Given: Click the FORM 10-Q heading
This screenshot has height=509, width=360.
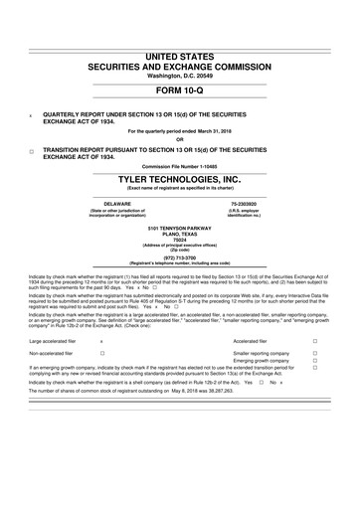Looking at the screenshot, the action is [180, 91].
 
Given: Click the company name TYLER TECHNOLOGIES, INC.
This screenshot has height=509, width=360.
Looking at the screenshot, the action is [180, 179].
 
